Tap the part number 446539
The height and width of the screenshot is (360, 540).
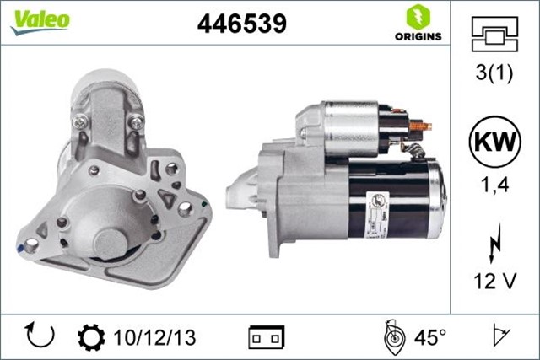pyautogui.click(x=241, y=24)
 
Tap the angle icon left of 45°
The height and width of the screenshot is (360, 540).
pyautogui.click(x=394, y=336)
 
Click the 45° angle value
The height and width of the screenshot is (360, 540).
pyautogui.click(x=431, y=337)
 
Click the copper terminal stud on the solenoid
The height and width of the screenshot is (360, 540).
pyautogui.click(x=419, y=126)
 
